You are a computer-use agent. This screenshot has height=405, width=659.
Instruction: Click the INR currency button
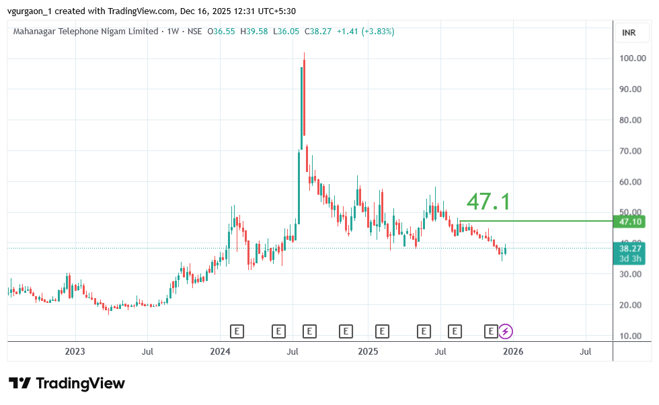pos(629,32)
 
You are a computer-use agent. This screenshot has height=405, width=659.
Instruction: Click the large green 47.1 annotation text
pos(489,201)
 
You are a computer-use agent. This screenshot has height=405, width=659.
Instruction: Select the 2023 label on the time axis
pos(75,351)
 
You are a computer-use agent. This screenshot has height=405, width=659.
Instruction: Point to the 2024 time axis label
pos(220,351)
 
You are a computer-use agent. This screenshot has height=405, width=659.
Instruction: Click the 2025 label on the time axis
pos(368,351)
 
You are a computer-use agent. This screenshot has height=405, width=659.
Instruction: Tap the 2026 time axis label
pos(513,351)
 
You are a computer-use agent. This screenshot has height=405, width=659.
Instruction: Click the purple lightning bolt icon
pos(506,330)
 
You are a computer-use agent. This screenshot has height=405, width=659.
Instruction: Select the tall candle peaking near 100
pos(304,94)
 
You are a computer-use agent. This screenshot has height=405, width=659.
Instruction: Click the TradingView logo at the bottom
pos(67,384)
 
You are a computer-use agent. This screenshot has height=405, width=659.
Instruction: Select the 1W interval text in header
pos(171,32)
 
